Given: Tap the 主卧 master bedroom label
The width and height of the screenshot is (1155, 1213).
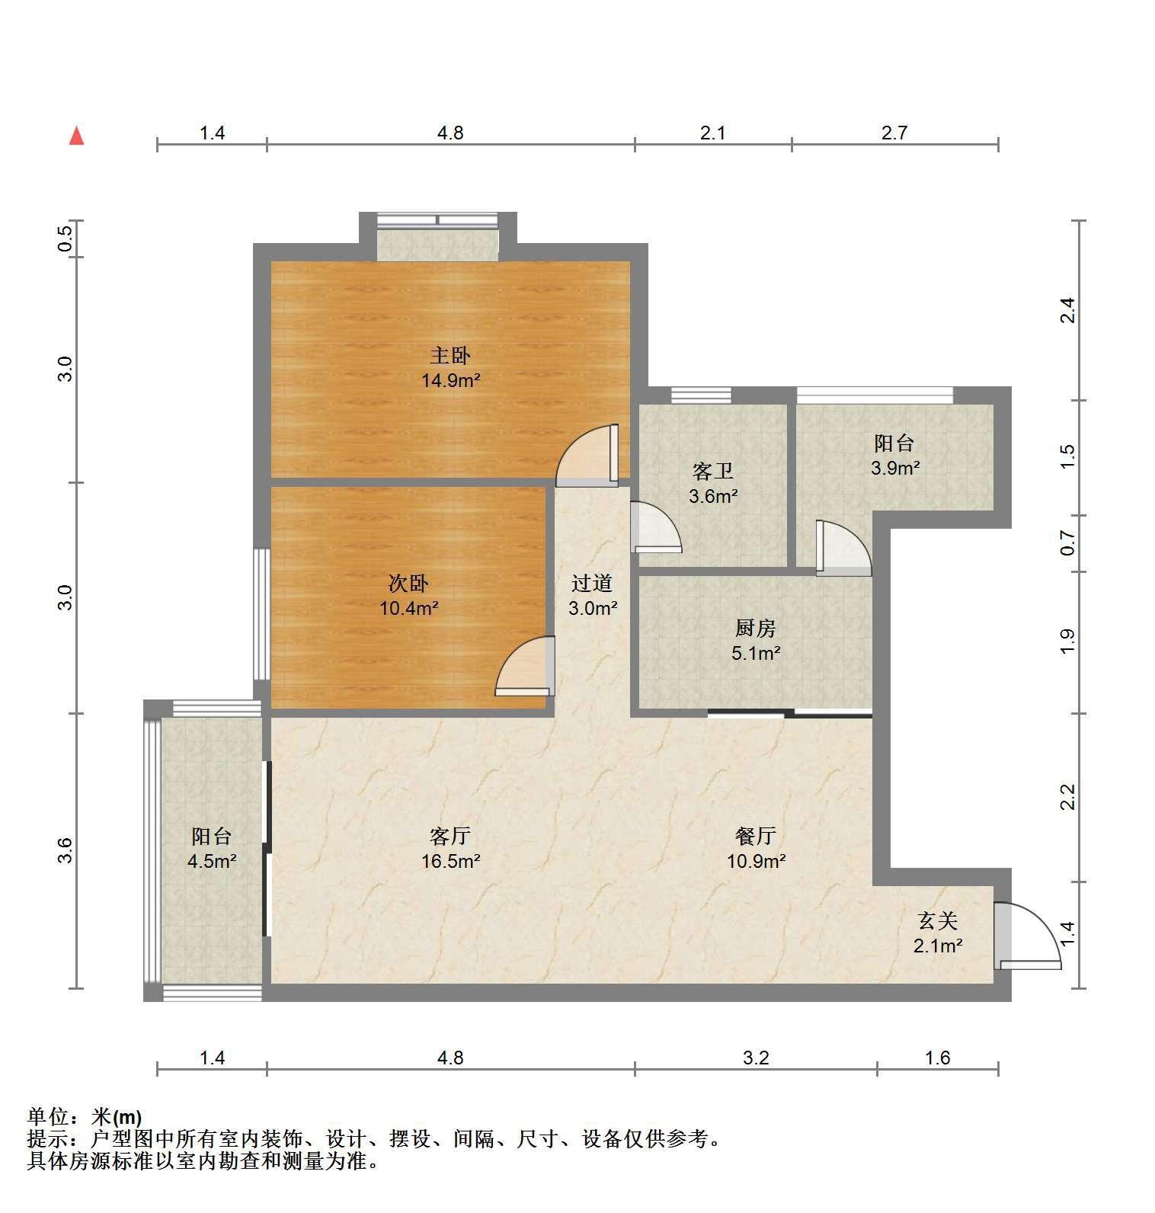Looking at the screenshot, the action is tap(450, 356).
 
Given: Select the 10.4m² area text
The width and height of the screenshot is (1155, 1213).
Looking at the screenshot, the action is tap(409, 608).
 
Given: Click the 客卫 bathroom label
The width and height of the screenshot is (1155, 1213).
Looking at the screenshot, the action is tap(713, 472).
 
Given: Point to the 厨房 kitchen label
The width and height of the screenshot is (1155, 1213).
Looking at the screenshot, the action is tap(756, 628).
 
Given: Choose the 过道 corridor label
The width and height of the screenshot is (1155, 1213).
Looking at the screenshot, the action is tap(592, 584).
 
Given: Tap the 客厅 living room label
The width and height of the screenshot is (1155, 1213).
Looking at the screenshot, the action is tap(450, 836).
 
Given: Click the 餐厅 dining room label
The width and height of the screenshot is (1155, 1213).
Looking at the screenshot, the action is tap(756, 836).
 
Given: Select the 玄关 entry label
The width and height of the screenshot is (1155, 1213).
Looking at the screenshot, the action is tap(937, 921).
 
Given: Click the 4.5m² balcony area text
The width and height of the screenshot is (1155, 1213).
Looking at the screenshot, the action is tap(212, 862).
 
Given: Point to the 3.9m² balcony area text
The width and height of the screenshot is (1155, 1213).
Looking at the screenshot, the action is tap(895, 468).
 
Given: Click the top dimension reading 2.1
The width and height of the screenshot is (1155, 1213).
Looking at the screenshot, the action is tap(712, 133).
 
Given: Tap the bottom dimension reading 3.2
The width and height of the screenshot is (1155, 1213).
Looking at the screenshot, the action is tap(756, 1058).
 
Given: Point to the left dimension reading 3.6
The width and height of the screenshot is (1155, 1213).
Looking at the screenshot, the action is tap(66, 850).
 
